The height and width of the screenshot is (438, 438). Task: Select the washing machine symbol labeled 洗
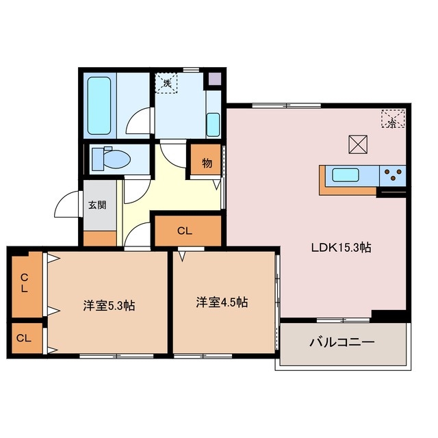(166, 83)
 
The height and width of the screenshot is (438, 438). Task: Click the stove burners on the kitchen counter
(393, 175)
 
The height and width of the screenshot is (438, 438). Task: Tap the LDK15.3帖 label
(341, 248)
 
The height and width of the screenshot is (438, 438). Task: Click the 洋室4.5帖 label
(222, 302)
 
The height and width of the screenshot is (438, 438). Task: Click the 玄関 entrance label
(96, 205)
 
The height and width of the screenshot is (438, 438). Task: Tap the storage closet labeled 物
(206, 164)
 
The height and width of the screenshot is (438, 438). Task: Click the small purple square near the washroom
(215, 79)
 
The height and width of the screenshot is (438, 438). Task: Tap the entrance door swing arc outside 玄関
(67, 205)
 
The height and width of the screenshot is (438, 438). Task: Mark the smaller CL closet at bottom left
(25, 338)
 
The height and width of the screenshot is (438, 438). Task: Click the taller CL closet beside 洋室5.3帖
(25, 284)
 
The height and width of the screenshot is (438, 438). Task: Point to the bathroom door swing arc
(142, 121)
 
